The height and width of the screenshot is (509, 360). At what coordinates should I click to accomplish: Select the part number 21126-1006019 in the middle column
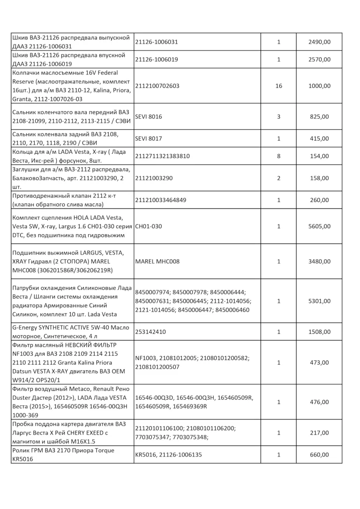tap(157, 60)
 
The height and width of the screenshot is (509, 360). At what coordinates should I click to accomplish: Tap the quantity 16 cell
tap(278, 86)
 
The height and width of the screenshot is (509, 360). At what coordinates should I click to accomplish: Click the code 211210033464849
tap(160, 200)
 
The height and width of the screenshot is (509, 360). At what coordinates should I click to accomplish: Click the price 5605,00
tap(319, 226)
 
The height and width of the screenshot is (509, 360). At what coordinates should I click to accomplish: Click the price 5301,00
tap(319, 301)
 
